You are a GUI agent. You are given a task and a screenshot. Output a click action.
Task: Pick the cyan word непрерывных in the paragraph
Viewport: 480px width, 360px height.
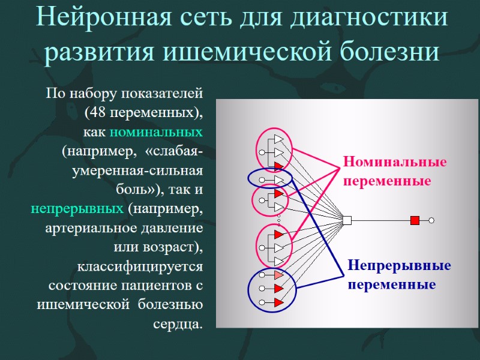77,209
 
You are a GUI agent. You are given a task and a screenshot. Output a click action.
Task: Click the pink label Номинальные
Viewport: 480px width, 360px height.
395,163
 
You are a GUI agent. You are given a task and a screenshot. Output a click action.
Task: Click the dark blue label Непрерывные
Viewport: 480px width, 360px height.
399,266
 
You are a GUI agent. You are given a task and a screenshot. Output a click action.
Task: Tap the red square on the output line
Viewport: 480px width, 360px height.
415,220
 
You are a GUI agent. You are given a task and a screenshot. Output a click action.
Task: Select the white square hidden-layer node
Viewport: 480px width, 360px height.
346,220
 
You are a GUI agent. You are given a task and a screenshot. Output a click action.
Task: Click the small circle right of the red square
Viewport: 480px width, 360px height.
431,220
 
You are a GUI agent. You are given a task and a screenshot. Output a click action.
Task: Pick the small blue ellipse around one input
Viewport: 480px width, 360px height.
270,179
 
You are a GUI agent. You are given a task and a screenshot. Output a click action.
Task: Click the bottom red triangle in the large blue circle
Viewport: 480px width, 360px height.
278,303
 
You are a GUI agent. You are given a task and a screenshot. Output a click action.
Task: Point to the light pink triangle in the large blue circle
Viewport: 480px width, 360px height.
278,275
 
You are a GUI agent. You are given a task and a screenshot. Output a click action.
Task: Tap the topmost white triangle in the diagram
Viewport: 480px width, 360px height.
278,139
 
